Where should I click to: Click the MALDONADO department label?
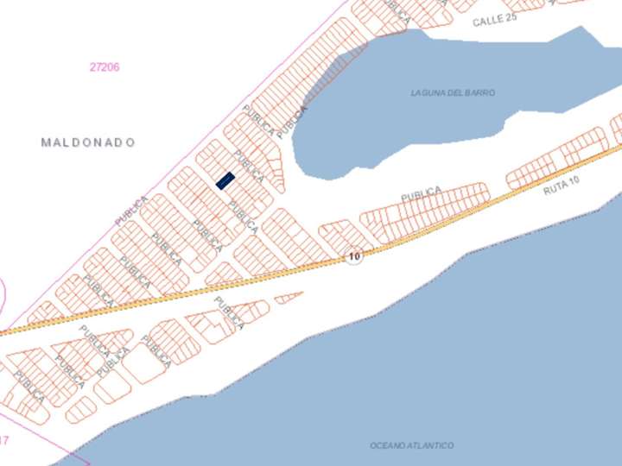tap(88, 142)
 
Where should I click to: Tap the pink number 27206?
tap(105, 67)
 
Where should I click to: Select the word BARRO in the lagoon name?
tap(482, 92)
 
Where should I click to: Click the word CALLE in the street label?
tap(487, 21)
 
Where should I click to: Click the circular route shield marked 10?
tap(353, 256)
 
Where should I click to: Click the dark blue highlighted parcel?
tap(225, 180)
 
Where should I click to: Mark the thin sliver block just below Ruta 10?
tap(289, 298)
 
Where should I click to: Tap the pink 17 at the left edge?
tap(4, 440)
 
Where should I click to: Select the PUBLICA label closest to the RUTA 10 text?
tap(422, 195)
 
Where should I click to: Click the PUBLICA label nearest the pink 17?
tap(29, 387)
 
